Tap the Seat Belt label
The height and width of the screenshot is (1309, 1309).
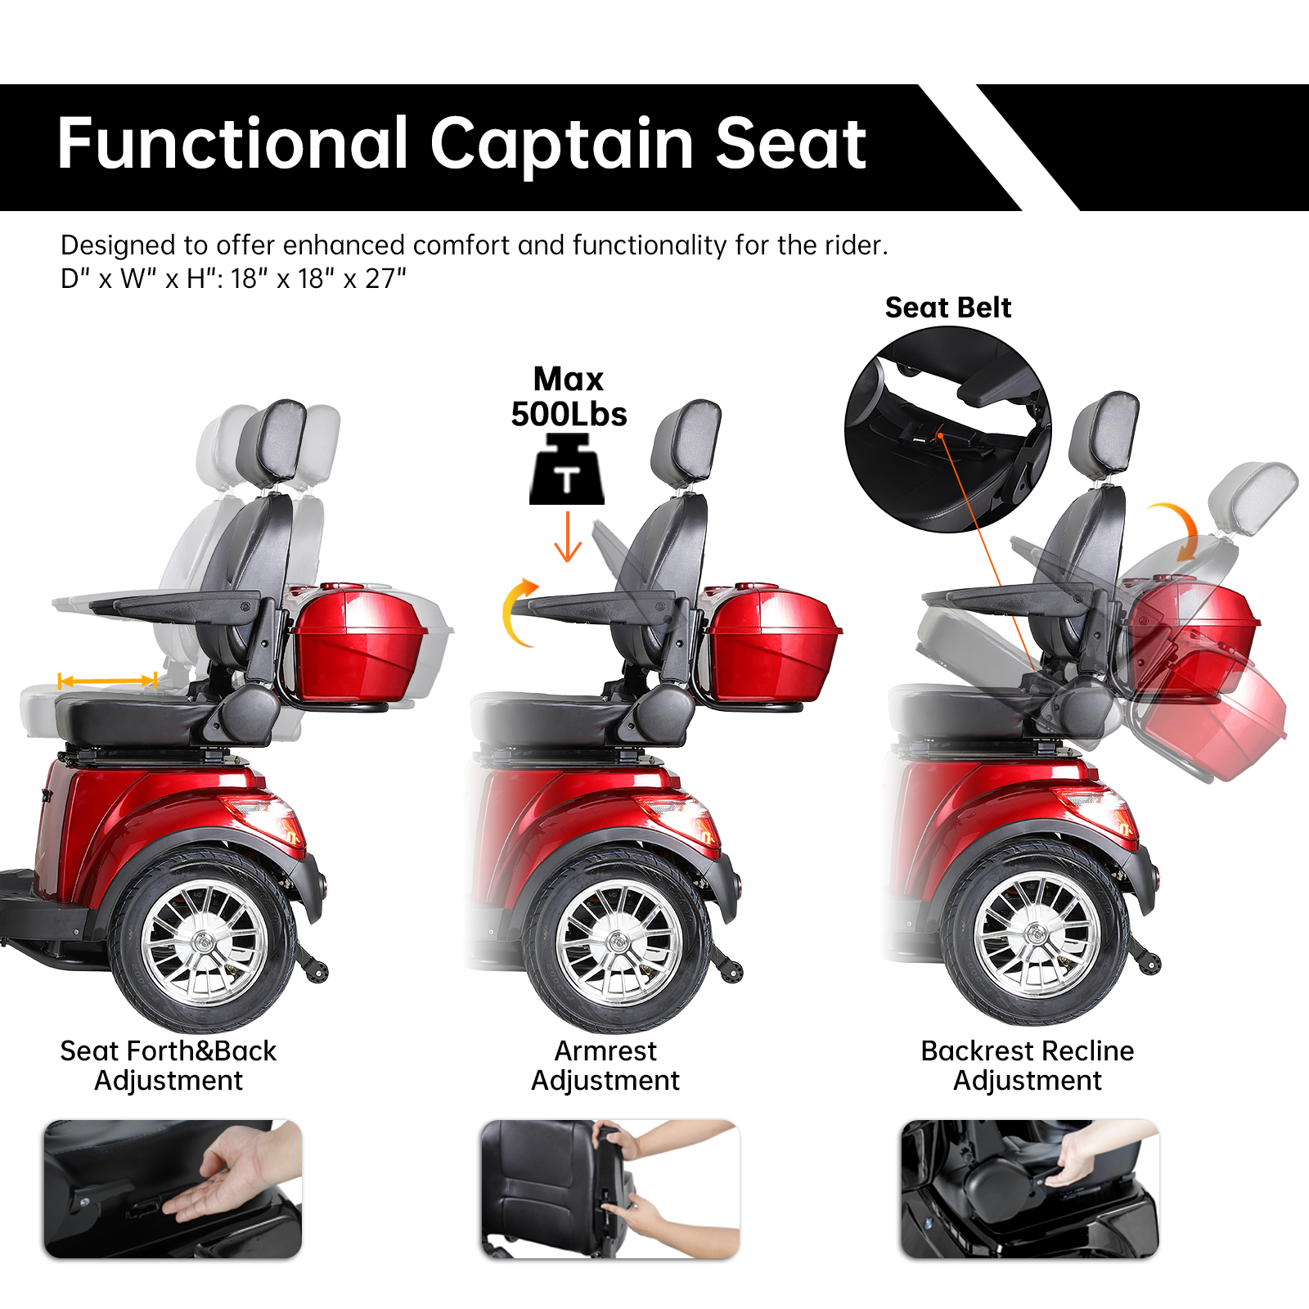click(x=947, y=308)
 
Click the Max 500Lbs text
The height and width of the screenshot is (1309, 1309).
click(x=569, y=398)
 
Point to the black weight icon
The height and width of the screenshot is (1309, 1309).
click(x=567, y=471)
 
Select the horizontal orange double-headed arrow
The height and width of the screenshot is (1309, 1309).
click(x=107, y=681)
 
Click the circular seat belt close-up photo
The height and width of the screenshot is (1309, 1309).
click(x=947, y=430)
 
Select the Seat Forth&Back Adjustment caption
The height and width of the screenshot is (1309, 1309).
click(x=169, y=1065)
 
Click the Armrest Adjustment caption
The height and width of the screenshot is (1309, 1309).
click(x=605, y=1065)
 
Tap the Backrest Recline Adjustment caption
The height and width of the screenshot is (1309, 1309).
click(x=1028, y=1065)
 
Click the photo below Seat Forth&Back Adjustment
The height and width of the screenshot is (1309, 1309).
click(x=173, y=1189)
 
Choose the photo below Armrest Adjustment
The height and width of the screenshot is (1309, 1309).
click(x=610, y=1189)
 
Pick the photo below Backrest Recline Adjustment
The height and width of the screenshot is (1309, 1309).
click(x=1030, y=1189)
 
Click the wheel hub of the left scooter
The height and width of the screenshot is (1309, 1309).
click(x=204, y=942)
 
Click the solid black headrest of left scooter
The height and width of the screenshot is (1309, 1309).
click(x=272, y=442)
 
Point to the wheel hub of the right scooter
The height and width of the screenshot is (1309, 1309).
click(x=1037, y=933)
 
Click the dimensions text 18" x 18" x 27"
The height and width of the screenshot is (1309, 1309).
click(x=318, y=279)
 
